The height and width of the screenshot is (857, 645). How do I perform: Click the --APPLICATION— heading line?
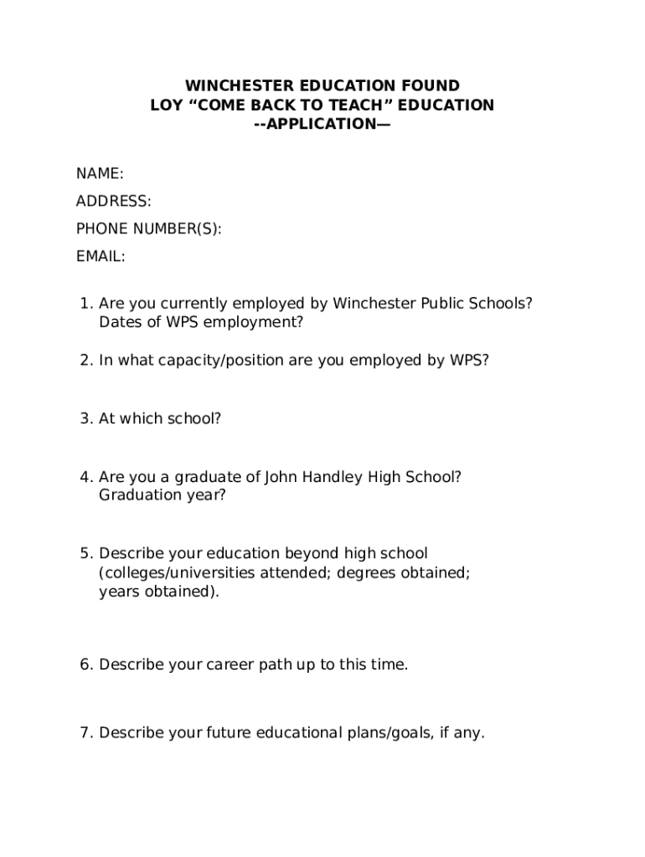tap(322, 125)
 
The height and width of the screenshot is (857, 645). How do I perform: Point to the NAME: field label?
tap(100, 173)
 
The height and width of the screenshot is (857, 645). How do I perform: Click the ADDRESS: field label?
tap(114, 201)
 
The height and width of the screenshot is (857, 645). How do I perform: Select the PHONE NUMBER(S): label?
tap(149, 228)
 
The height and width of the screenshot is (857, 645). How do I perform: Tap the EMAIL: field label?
tap(101, 256)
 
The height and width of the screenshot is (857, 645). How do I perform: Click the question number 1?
tap(85, 303)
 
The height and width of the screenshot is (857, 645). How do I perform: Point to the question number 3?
tap(85, 418)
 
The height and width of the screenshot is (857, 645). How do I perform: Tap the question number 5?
tap(85, 553)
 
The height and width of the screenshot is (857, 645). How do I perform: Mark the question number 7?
tap(85, 733)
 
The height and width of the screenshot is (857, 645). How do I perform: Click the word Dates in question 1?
tap(118, 322)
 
